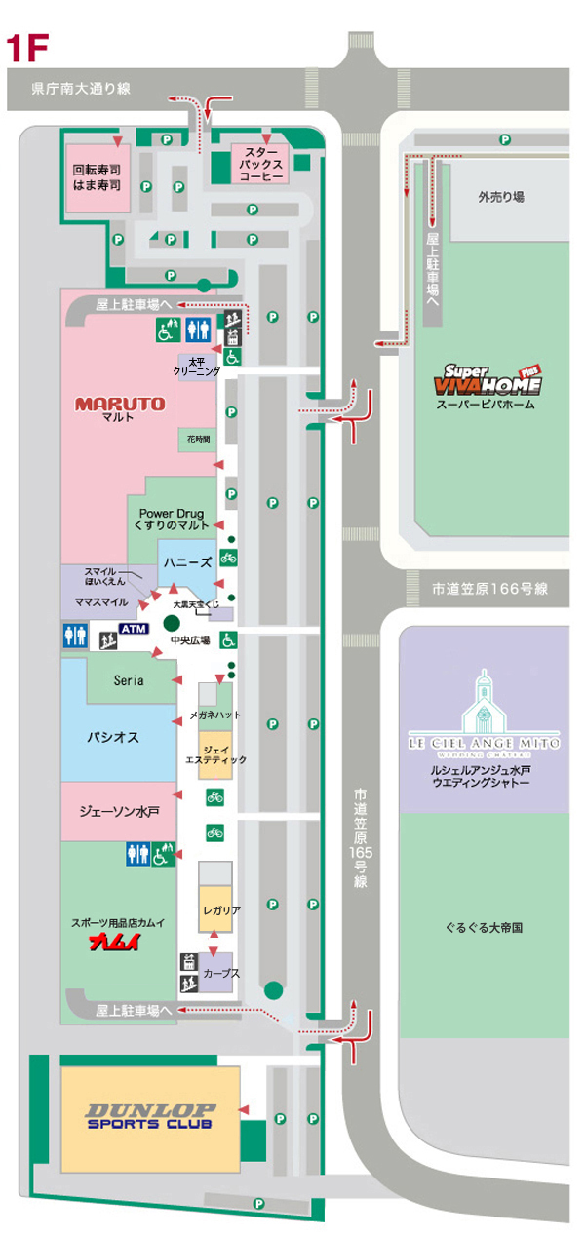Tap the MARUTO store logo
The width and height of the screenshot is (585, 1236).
[121, 403]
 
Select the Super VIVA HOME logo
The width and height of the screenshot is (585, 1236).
[492, 378]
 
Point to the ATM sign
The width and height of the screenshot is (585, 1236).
[132, 629]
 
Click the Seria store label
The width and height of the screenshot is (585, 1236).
[129, 680]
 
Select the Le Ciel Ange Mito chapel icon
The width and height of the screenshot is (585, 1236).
[484, 703]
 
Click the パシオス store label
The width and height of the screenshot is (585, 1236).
[113, 737]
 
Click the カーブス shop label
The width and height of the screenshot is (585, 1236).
[222, 974]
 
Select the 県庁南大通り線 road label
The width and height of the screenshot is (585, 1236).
[81, 89]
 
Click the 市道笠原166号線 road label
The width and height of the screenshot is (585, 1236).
[490, 589]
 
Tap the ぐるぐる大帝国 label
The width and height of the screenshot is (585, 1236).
[484, 928]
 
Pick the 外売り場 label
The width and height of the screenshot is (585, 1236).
[501, 196]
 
